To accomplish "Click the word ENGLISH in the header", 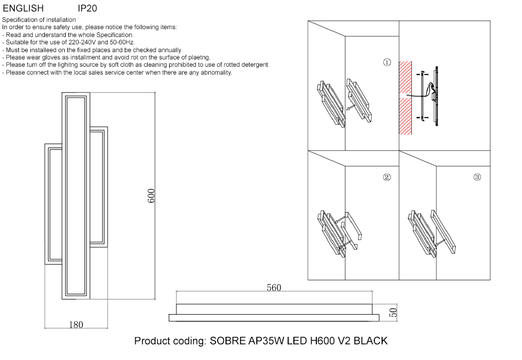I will pyautogui.click(x=23, y=9).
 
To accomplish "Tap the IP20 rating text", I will pyautogui.click(x=87, y=9).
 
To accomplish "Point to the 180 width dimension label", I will pyautogui.click(x=76, y=325).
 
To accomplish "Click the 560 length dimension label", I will pyautogui.click(x=274, y=288).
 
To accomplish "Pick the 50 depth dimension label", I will pyautogui.click(x=394, y=313).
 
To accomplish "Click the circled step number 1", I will pyautogui.click(x=387, y=63).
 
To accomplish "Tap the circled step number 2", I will pyautogui.click(x=387, y=177).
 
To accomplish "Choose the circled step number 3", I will pyautogui.click(x=477, y=177).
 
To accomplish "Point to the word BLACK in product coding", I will pyautogui.click(x=371, y=341).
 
